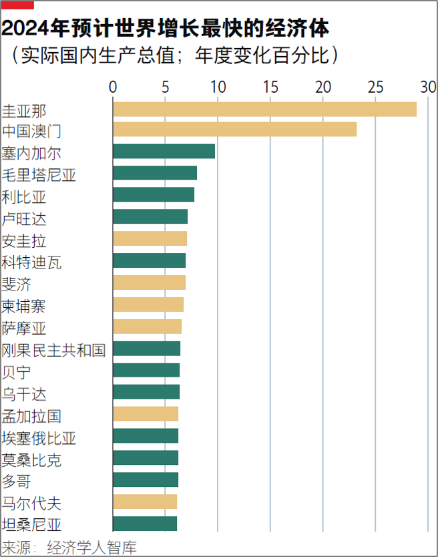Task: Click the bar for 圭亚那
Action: coord(264,109)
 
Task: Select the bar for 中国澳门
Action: coord(234,130)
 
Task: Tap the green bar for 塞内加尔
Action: coord(164,152)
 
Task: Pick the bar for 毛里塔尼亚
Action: coord(155,174)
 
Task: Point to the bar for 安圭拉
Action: coord(150,239)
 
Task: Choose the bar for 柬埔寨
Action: coord(148,305)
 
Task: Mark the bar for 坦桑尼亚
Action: coord(145,524)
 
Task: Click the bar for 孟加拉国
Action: coord(146,414)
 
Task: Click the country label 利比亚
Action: coord(23,196)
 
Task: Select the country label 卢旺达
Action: coord(23,218)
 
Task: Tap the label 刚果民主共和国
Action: coord(53,349)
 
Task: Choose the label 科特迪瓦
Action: coord(31,262)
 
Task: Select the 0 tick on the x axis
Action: coord(113,86)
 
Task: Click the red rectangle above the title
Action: coord(17,5)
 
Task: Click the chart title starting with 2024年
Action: coord(166,29)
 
